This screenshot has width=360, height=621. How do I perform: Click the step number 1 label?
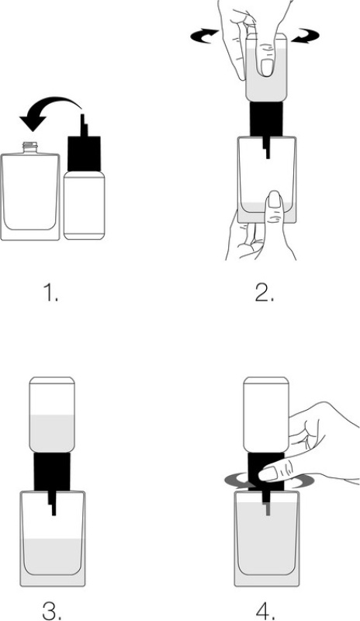(x=50, y=293)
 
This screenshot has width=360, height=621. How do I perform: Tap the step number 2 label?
(x=264, y=293)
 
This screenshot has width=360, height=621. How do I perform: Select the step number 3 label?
(x=51, y=611)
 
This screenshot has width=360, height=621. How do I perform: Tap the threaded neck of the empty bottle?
(x=30, y=148)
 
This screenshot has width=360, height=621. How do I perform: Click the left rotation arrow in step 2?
(x=204, y=36)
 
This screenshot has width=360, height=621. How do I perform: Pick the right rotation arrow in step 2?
(x=306, y=35)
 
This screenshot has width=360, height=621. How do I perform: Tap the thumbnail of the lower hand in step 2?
(x=274, y=200)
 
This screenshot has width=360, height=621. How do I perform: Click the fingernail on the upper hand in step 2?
(x=268, y=68)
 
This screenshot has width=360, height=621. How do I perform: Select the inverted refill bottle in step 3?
(x=52, y=415)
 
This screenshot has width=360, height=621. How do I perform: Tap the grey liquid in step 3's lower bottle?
(x=54, y=557)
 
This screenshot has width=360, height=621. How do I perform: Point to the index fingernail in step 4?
(x=268, y=474)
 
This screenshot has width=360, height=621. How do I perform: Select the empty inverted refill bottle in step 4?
(x=266, y=415)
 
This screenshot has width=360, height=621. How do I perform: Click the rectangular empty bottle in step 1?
(x=30, y=191)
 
